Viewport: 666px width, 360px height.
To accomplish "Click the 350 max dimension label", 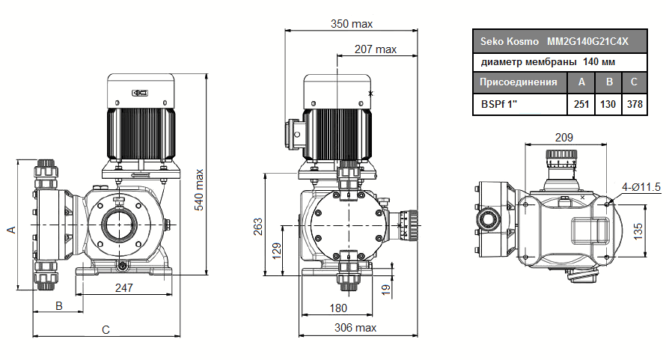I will [x=352, y=24].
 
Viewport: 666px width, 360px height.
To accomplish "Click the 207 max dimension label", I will [x=375, y=49].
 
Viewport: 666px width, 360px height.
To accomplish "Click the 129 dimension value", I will [x=276, y=249].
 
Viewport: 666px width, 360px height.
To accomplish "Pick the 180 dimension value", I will [x=338, y=308].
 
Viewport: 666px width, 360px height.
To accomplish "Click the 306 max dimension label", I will [x=355, y=328].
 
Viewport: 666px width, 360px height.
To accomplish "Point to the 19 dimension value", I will [x=386, y=290].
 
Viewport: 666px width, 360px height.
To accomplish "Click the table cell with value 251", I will [x=581, y=104].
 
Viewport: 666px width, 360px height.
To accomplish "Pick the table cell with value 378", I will [x=635, y=104].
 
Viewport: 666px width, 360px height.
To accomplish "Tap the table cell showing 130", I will [x=608, y=104].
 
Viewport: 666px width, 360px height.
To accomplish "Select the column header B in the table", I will [x=608, y=82].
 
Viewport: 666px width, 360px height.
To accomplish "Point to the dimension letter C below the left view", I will [x=106, y=329].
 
